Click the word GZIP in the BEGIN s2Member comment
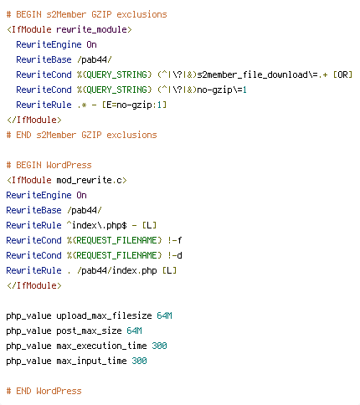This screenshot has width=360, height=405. [x=101, y=14]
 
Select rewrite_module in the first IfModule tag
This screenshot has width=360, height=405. [x=91, y=29]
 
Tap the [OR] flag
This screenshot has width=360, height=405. [x=343, y=74]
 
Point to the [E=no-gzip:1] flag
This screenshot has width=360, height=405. [x=134, y=105]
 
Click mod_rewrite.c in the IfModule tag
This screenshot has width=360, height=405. [x=90, y=180]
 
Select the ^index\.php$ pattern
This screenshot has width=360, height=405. [x=97, y=225]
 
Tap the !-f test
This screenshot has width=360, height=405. [x=175, y=240]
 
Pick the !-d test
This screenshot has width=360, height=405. [x=175, y=255]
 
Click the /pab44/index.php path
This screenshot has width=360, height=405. [x=117, y=270]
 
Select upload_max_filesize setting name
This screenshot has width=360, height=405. [x=104, y=315]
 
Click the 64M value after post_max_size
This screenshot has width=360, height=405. [x=134, y=331]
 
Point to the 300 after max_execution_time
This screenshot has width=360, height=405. [x=159, y=346]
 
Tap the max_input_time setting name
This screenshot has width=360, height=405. [x=91, y=361]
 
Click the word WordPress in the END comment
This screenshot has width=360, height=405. [x=59, y=391]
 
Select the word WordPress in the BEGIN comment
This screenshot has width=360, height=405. [x=69, y=165]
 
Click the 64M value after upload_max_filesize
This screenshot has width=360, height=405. [x=164, y=315]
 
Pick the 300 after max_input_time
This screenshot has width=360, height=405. [x=139, y=361]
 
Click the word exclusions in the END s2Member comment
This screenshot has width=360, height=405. [x=131, y=135]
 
